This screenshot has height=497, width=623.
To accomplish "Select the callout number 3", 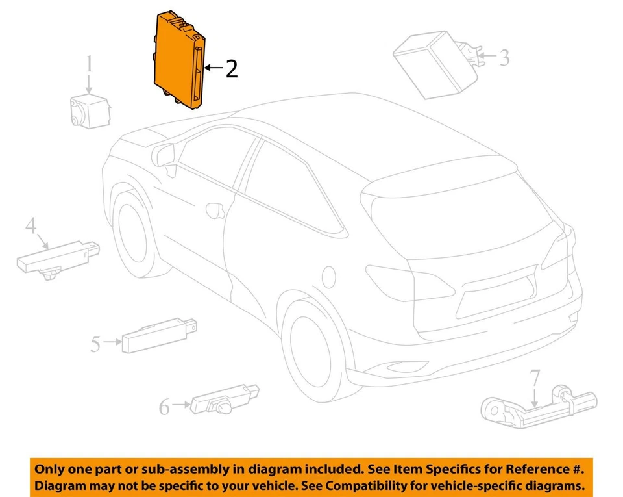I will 504,57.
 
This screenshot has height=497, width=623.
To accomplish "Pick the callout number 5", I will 95,342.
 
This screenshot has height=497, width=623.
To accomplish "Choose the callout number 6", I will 164,407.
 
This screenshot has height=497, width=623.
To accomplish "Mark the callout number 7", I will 534,377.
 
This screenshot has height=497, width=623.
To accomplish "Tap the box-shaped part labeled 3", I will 432,64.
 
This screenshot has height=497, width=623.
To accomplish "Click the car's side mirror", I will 163,156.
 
